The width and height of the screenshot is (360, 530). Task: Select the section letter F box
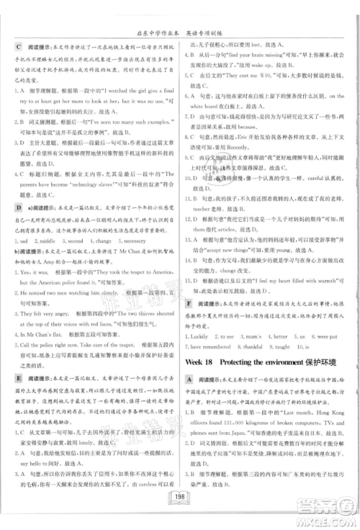(x=189, y=306)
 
